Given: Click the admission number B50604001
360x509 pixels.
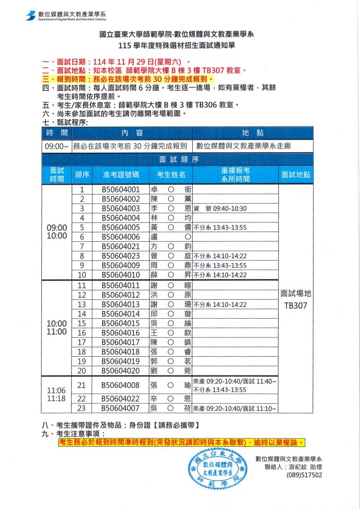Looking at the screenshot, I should pos(121,189).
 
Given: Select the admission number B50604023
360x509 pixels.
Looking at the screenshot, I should pos(121,256).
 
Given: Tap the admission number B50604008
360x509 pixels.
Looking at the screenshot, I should pos(121,385).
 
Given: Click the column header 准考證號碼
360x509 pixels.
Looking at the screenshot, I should pos(121,174).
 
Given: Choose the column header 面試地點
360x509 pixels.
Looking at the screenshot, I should pos(296,174).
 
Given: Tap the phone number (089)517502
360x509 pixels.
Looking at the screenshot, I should pos(304,475).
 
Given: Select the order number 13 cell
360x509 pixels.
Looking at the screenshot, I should pos(82,304).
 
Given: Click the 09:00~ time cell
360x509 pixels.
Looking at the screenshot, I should pos(57,146).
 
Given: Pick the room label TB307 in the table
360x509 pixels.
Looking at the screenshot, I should pos(296,305).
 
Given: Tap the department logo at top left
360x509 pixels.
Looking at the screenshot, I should pos(32,16).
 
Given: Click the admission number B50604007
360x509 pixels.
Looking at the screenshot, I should pos(121,408).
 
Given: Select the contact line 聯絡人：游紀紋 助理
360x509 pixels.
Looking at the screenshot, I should pos(293,467).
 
